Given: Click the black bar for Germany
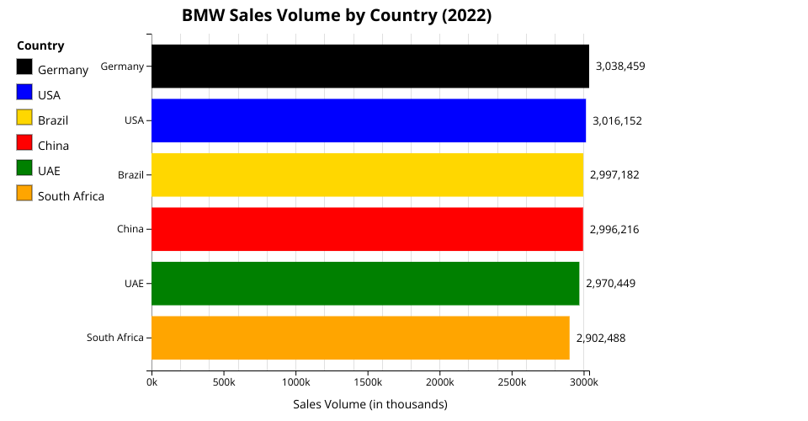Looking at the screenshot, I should pos(370,66).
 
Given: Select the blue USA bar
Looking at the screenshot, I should pos(369,120).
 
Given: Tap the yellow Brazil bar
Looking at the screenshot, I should pos(367,174).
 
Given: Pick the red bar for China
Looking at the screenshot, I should pos(367,229).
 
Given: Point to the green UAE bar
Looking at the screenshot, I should pos(365,283).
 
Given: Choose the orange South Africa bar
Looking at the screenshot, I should pos(360,338).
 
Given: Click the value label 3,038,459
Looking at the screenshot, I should pos(620,66).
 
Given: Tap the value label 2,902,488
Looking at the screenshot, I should pos(601,338).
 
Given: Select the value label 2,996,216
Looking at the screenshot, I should pos(614,229).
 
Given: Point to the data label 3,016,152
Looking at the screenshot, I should pos(617,120).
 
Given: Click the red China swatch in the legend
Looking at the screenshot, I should pos(24,144).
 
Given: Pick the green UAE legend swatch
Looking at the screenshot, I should pos(24,169).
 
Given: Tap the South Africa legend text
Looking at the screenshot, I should pos(71,196).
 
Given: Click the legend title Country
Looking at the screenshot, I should pos(40,45).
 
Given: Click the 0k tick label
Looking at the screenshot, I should pos(151,382).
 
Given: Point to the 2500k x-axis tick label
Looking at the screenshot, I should pos(512,382).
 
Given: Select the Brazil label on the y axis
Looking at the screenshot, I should pos(130,175).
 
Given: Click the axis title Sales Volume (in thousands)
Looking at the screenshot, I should pos(370,404).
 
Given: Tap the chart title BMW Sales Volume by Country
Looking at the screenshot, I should pos(337,15).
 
